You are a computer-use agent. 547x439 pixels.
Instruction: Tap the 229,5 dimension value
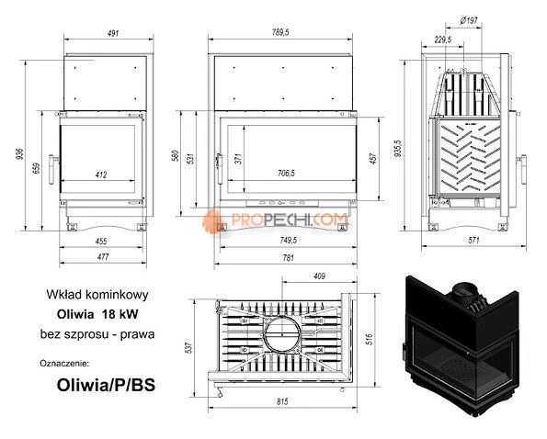tap(444, 39)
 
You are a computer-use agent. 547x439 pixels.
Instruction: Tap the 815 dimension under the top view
tap(285, 400)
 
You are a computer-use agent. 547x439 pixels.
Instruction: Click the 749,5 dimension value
tap(284, 242)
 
